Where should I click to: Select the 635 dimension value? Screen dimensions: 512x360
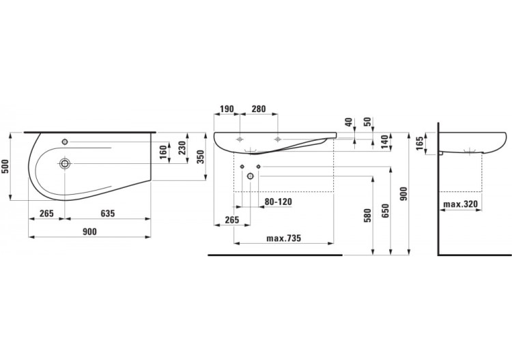pyautogui.click(x=108, y=213)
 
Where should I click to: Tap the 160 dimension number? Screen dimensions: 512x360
pyautogui.click(x=164, y=152)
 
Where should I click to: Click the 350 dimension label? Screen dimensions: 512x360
pyautogui.click(x=200, y=157)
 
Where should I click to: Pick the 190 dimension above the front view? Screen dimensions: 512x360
pyautogui.click(x=226, y=109)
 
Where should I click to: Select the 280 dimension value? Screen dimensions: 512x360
pyautogui.click(x=259, y=109)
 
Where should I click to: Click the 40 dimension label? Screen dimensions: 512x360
pyautogui.click(x=349, y=122)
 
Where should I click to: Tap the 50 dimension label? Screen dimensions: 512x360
pyautogui.click(x=368, y=122)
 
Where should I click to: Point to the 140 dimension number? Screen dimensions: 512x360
pyautogui.click(x=384, y=141)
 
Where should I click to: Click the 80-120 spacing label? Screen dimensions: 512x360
pyautogui.click(x=279, y=202)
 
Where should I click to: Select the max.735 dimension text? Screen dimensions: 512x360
pyautogui.click(x=283, y=238)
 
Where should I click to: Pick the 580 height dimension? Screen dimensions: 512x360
pyautogui.click(x=368, y=217)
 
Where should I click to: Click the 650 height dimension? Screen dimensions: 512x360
pyautogui.click(x=386, y=211)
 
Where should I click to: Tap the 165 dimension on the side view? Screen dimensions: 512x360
pyautogui.click(x=420, y=143)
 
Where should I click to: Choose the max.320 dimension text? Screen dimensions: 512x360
pyautogui.click(x=460, y=204)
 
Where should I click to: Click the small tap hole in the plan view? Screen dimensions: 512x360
pyautogui.click(x=65, y=142)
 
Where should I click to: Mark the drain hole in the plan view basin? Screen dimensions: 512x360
pyautogui.click(x=65, y=163)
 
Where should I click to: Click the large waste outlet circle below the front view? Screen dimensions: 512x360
pyautogui.click(x=250, y=176)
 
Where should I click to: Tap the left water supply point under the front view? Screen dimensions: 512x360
pyautogui.click(x=242, y=167)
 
